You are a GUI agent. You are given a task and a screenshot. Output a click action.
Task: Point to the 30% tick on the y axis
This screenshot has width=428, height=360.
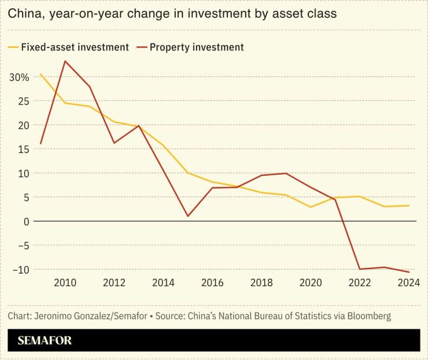(x=19, y=77)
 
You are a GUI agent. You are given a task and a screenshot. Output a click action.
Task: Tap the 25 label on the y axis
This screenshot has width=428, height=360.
(x=23, y=101)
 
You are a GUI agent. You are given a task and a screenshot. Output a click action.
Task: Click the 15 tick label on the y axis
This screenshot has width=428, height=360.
(x=23, y=149)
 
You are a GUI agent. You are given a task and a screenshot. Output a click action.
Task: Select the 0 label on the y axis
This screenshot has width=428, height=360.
(x=26, y=222)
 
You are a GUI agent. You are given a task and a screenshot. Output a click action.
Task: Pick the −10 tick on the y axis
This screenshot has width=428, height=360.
(x=21, y=270)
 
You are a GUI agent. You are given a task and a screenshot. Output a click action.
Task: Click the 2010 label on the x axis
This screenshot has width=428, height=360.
(x=65, y=282)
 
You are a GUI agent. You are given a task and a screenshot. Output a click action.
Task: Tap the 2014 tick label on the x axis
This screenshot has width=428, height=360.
(x=163, y=282)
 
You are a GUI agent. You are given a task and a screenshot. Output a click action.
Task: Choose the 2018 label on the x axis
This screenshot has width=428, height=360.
(x=261, y=282)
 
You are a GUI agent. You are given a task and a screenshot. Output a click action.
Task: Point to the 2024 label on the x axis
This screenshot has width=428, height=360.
(x=408, y=282)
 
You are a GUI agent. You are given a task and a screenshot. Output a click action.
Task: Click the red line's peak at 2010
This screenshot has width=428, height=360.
(x=65, y=61)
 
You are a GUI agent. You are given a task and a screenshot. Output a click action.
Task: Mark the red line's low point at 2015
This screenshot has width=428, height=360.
(x=188, y=216)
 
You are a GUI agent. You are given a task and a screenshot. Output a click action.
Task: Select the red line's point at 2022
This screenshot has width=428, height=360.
(x=360, y=269)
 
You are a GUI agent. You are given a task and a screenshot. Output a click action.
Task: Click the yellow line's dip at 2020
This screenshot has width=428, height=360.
(x=311, y=207)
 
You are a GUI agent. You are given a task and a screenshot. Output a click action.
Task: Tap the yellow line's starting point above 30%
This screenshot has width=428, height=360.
(x=40, y=74)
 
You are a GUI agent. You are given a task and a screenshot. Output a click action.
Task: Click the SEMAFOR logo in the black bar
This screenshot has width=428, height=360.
(x=45, y=340)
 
